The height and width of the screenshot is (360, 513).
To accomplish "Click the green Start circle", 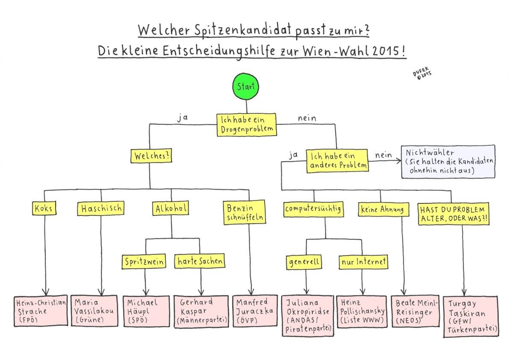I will point(246,87).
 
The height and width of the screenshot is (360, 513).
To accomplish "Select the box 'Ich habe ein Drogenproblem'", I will point(246,125).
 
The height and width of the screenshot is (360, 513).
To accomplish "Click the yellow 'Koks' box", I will point(44,209).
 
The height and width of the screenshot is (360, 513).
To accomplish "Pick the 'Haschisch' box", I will point(101,209).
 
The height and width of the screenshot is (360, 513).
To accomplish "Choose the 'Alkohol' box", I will point(171,209).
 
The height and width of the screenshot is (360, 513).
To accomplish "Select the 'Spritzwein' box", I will point(144,262).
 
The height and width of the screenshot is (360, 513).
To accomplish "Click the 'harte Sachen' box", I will point(200,261).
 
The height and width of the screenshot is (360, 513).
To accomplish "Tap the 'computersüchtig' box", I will point(314,209).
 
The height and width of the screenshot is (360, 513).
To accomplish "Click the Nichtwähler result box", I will point(448,161).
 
